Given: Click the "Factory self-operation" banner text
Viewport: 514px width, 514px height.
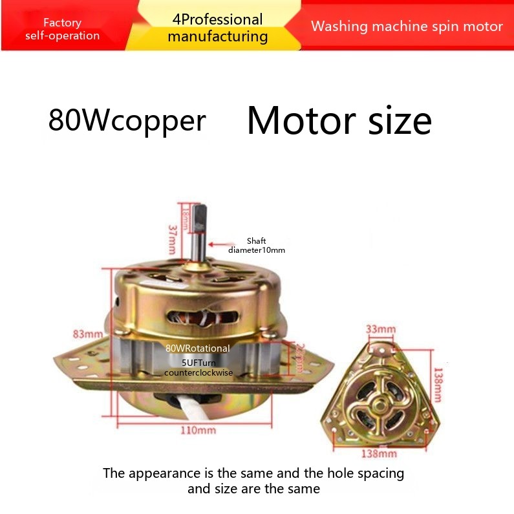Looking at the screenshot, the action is click(x=62, y=29).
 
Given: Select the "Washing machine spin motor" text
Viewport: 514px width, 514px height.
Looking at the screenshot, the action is click(x=407, y=27).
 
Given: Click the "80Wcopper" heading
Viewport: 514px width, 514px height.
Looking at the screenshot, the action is click(x=127, y=120).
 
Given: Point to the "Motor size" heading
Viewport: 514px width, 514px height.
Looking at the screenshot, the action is click(x=339, y=120).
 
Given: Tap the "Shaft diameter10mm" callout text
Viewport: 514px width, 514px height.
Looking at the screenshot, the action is click(x=257, y=245).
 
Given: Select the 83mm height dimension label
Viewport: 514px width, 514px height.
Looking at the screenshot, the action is click(x=88, y=334).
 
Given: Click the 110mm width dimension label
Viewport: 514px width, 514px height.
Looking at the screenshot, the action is click(x=198, y=430).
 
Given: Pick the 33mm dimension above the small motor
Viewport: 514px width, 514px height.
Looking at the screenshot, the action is click(x=381, y=329).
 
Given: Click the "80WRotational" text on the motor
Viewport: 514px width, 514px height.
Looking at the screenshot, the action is click(x=197, y=348).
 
